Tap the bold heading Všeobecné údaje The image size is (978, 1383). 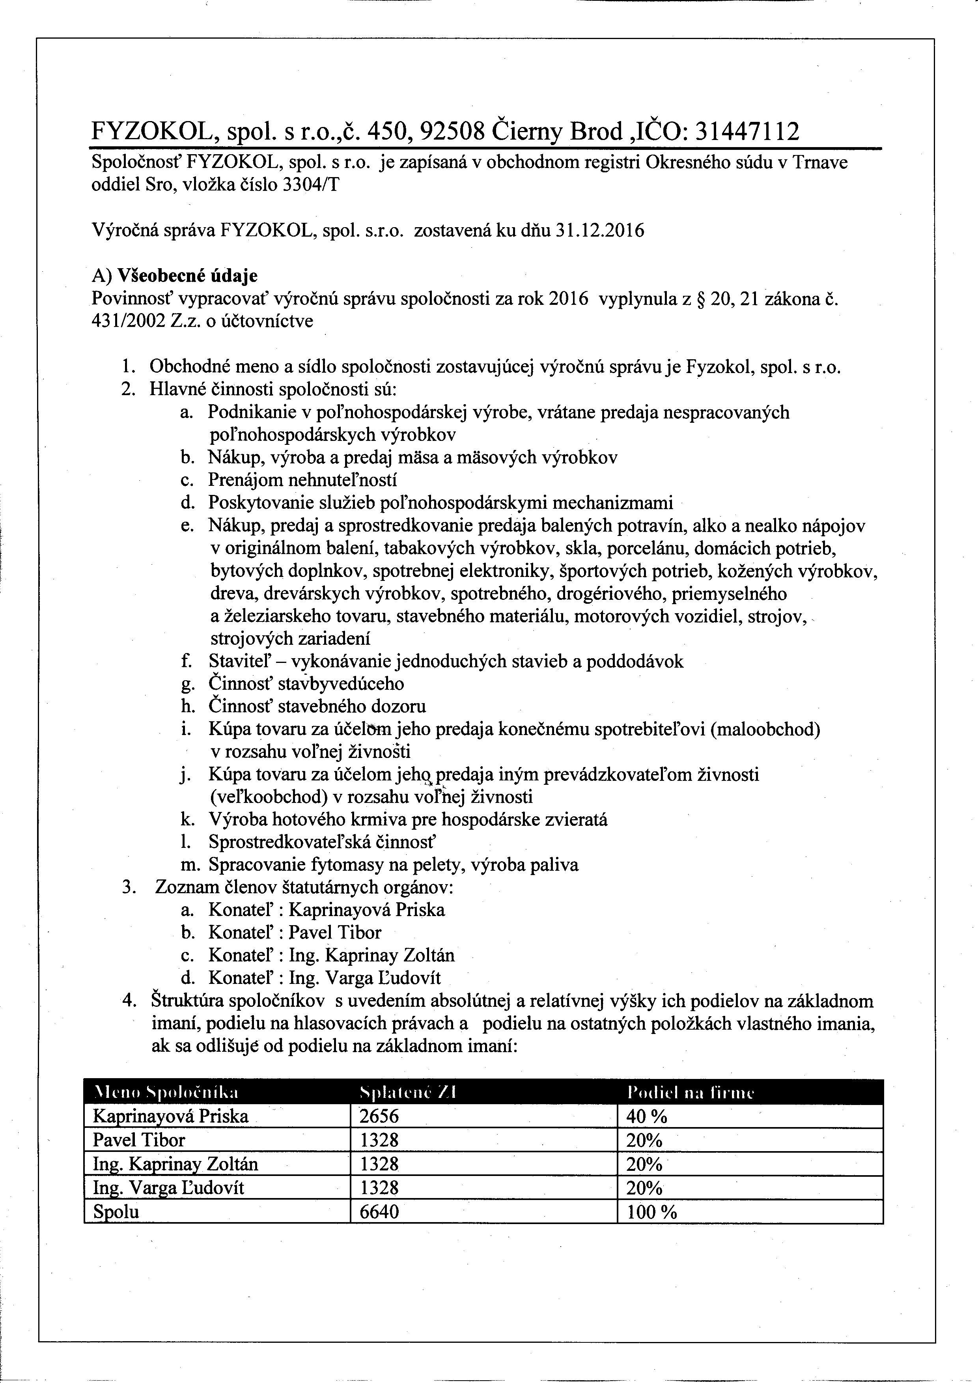187,276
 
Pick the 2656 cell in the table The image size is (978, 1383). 379,1116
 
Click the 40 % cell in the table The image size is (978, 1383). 647,1116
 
